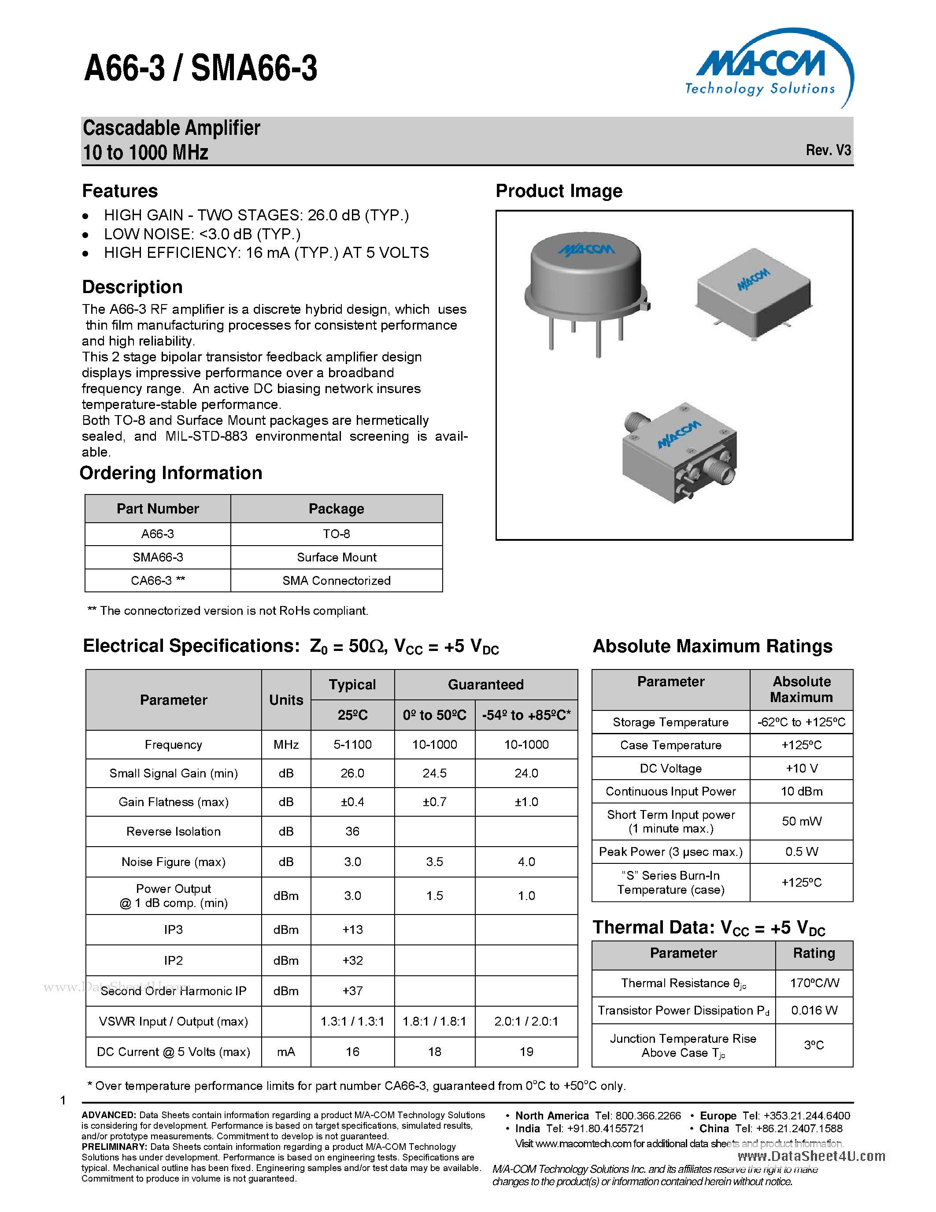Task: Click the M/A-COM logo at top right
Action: (768, 69)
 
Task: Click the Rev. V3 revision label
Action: (828, 150)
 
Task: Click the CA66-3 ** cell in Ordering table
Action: (158, 580)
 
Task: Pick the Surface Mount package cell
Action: (336, 557)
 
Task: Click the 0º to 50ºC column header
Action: (434, 715)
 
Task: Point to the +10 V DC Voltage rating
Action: (801, 769)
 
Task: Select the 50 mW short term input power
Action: (801, 822)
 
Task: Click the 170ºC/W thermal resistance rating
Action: (814, 983)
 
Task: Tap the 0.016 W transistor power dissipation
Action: (814, 1011)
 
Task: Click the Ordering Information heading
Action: (171, 473)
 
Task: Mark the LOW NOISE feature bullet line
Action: (202, 234)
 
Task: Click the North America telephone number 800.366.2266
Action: (647, 1116)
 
